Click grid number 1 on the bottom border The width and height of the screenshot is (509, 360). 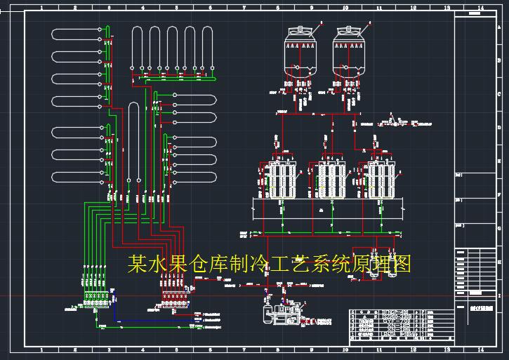(41, 349)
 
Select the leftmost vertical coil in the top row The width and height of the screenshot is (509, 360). (134, 46)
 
